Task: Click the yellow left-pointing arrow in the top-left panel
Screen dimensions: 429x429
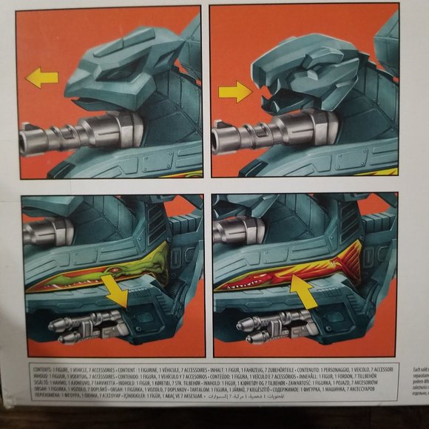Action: (41, 77)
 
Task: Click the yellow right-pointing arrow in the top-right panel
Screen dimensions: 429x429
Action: (236, 92)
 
